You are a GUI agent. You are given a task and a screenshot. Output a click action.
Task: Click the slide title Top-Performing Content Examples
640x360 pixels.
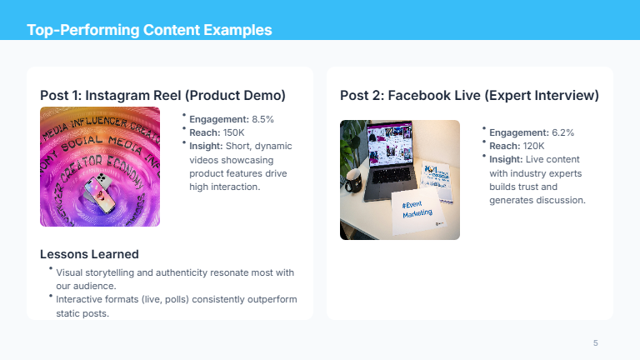click(149, 31)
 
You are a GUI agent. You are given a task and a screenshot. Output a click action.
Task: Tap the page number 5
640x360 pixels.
click(595, 343)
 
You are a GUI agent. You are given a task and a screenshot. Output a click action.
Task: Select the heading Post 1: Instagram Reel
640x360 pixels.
click(162, 96)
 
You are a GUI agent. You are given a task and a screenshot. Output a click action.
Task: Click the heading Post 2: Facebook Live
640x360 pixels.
click(469, 96)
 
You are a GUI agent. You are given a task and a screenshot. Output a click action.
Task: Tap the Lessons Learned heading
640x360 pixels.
click(89, 254)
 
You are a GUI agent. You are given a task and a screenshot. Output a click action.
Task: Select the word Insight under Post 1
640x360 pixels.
click(206, 146)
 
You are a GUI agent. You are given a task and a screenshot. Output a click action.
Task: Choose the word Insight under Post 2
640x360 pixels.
click(506, 159)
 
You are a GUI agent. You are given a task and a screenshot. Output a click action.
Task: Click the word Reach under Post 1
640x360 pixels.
click(204, 132)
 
